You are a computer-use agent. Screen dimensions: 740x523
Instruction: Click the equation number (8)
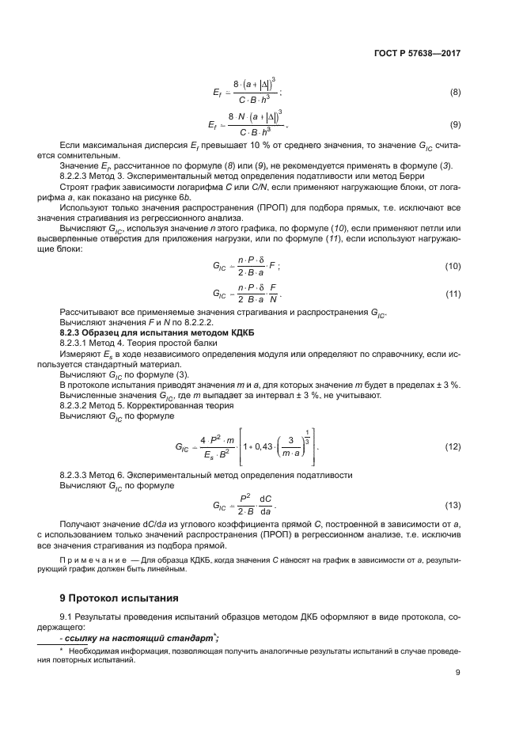[455, 93]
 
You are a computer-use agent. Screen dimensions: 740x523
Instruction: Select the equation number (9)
[455, 125]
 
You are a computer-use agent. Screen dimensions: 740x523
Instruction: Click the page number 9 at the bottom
[458, 673]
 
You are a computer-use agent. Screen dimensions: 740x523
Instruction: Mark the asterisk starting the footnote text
[62, 650]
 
